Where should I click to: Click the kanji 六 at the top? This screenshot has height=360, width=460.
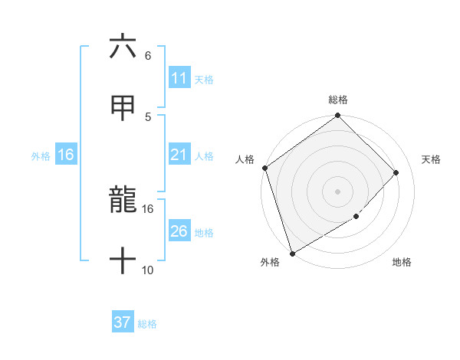point(123,47)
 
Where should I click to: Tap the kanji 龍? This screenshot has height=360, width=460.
point(123,201)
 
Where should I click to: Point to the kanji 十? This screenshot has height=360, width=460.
point(123,260)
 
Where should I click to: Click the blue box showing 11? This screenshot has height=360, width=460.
point(179,78)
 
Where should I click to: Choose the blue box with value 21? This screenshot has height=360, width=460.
point(179,155)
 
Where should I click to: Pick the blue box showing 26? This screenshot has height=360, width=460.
point(179,231)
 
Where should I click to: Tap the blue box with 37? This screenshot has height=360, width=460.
point(123,322)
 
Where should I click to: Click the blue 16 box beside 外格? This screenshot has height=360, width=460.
point(66,155)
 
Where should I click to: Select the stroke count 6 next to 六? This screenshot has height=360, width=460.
point(147,56)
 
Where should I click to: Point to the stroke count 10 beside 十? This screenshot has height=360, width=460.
point(148,270)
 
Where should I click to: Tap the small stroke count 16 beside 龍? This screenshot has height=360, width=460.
point(148,208)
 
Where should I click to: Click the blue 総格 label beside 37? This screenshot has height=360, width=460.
point(147,324)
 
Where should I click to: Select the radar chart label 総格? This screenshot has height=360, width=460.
point(338,100)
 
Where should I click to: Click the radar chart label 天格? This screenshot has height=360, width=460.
point(432,159)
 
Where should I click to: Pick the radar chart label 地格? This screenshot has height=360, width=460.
point(402,263)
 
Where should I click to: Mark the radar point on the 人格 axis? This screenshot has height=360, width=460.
point(264,168)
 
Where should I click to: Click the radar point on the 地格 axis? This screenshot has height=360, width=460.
point(356,217)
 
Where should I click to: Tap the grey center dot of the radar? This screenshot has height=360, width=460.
point(338,191)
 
